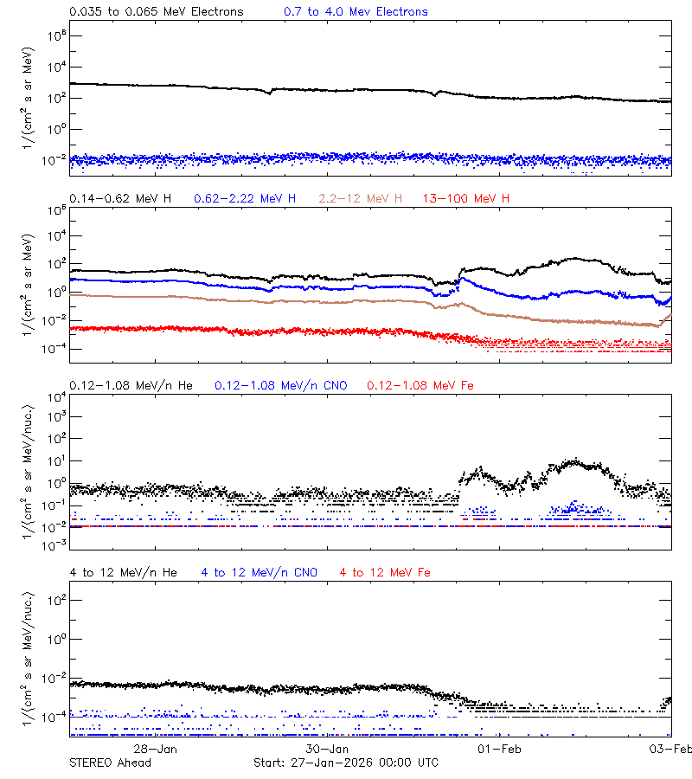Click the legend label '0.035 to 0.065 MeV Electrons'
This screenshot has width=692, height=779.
click(x=156, y=12)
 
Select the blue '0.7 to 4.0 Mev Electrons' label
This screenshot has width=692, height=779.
click(x=356, y=12)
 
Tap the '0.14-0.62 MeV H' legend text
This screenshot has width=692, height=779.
click(x=120, y=199)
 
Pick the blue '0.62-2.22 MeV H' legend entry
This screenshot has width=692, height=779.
click(x=245, y=199)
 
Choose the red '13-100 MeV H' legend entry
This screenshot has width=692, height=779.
click(x=466, y=199)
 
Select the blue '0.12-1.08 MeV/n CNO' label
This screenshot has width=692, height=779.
click(x=281, y=385)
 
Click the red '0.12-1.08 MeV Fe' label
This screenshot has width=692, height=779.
click(x=420, y=385)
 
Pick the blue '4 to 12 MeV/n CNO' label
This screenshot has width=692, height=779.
click(x=259, y=572)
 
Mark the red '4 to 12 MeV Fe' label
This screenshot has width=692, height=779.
click(x=385, y=572)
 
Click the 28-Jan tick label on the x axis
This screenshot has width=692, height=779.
click(x=156, y=749)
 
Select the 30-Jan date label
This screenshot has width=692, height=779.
click(x=327, y=749)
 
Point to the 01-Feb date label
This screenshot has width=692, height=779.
click(x=499, y=749)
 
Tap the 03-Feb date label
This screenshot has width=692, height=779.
click(x=671, y=749)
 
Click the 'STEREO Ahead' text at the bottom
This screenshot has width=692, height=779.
click(x=110, y=763)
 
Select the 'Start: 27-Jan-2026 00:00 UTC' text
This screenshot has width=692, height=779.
click(x=345, y=763)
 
